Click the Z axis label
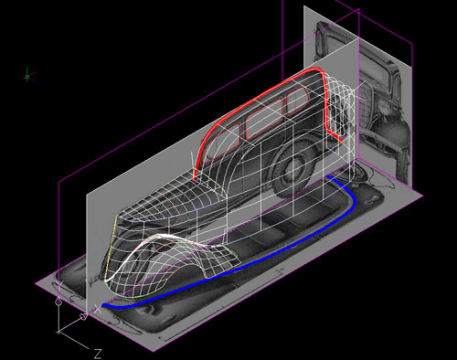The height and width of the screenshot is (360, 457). [x=97, y=354]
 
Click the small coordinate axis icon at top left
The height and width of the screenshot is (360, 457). [x=28, y=75]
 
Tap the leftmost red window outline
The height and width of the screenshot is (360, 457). [x=222, y=142]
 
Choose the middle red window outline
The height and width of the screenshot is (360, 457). [x=264, y=118]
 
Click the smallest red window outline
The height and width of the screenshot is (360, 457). [x=298, y=100]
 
